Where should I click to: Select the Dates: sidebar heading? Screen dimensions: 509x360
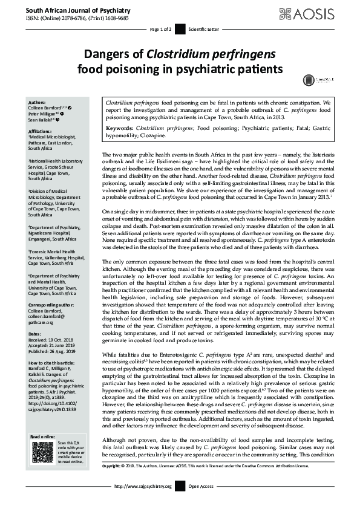click(x=35, y=334)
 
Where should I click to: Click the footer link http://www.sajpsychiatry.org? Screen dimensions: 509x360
click(x=142, y=503)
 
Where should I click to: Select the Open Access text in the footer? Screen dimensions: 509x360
click(x=201, y=503)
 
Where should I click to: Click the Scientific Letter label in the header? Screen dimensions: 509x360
click(x=201, y=28)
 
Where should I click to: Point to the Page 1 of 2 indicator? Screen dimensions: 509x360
click(x=161, y=28)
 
